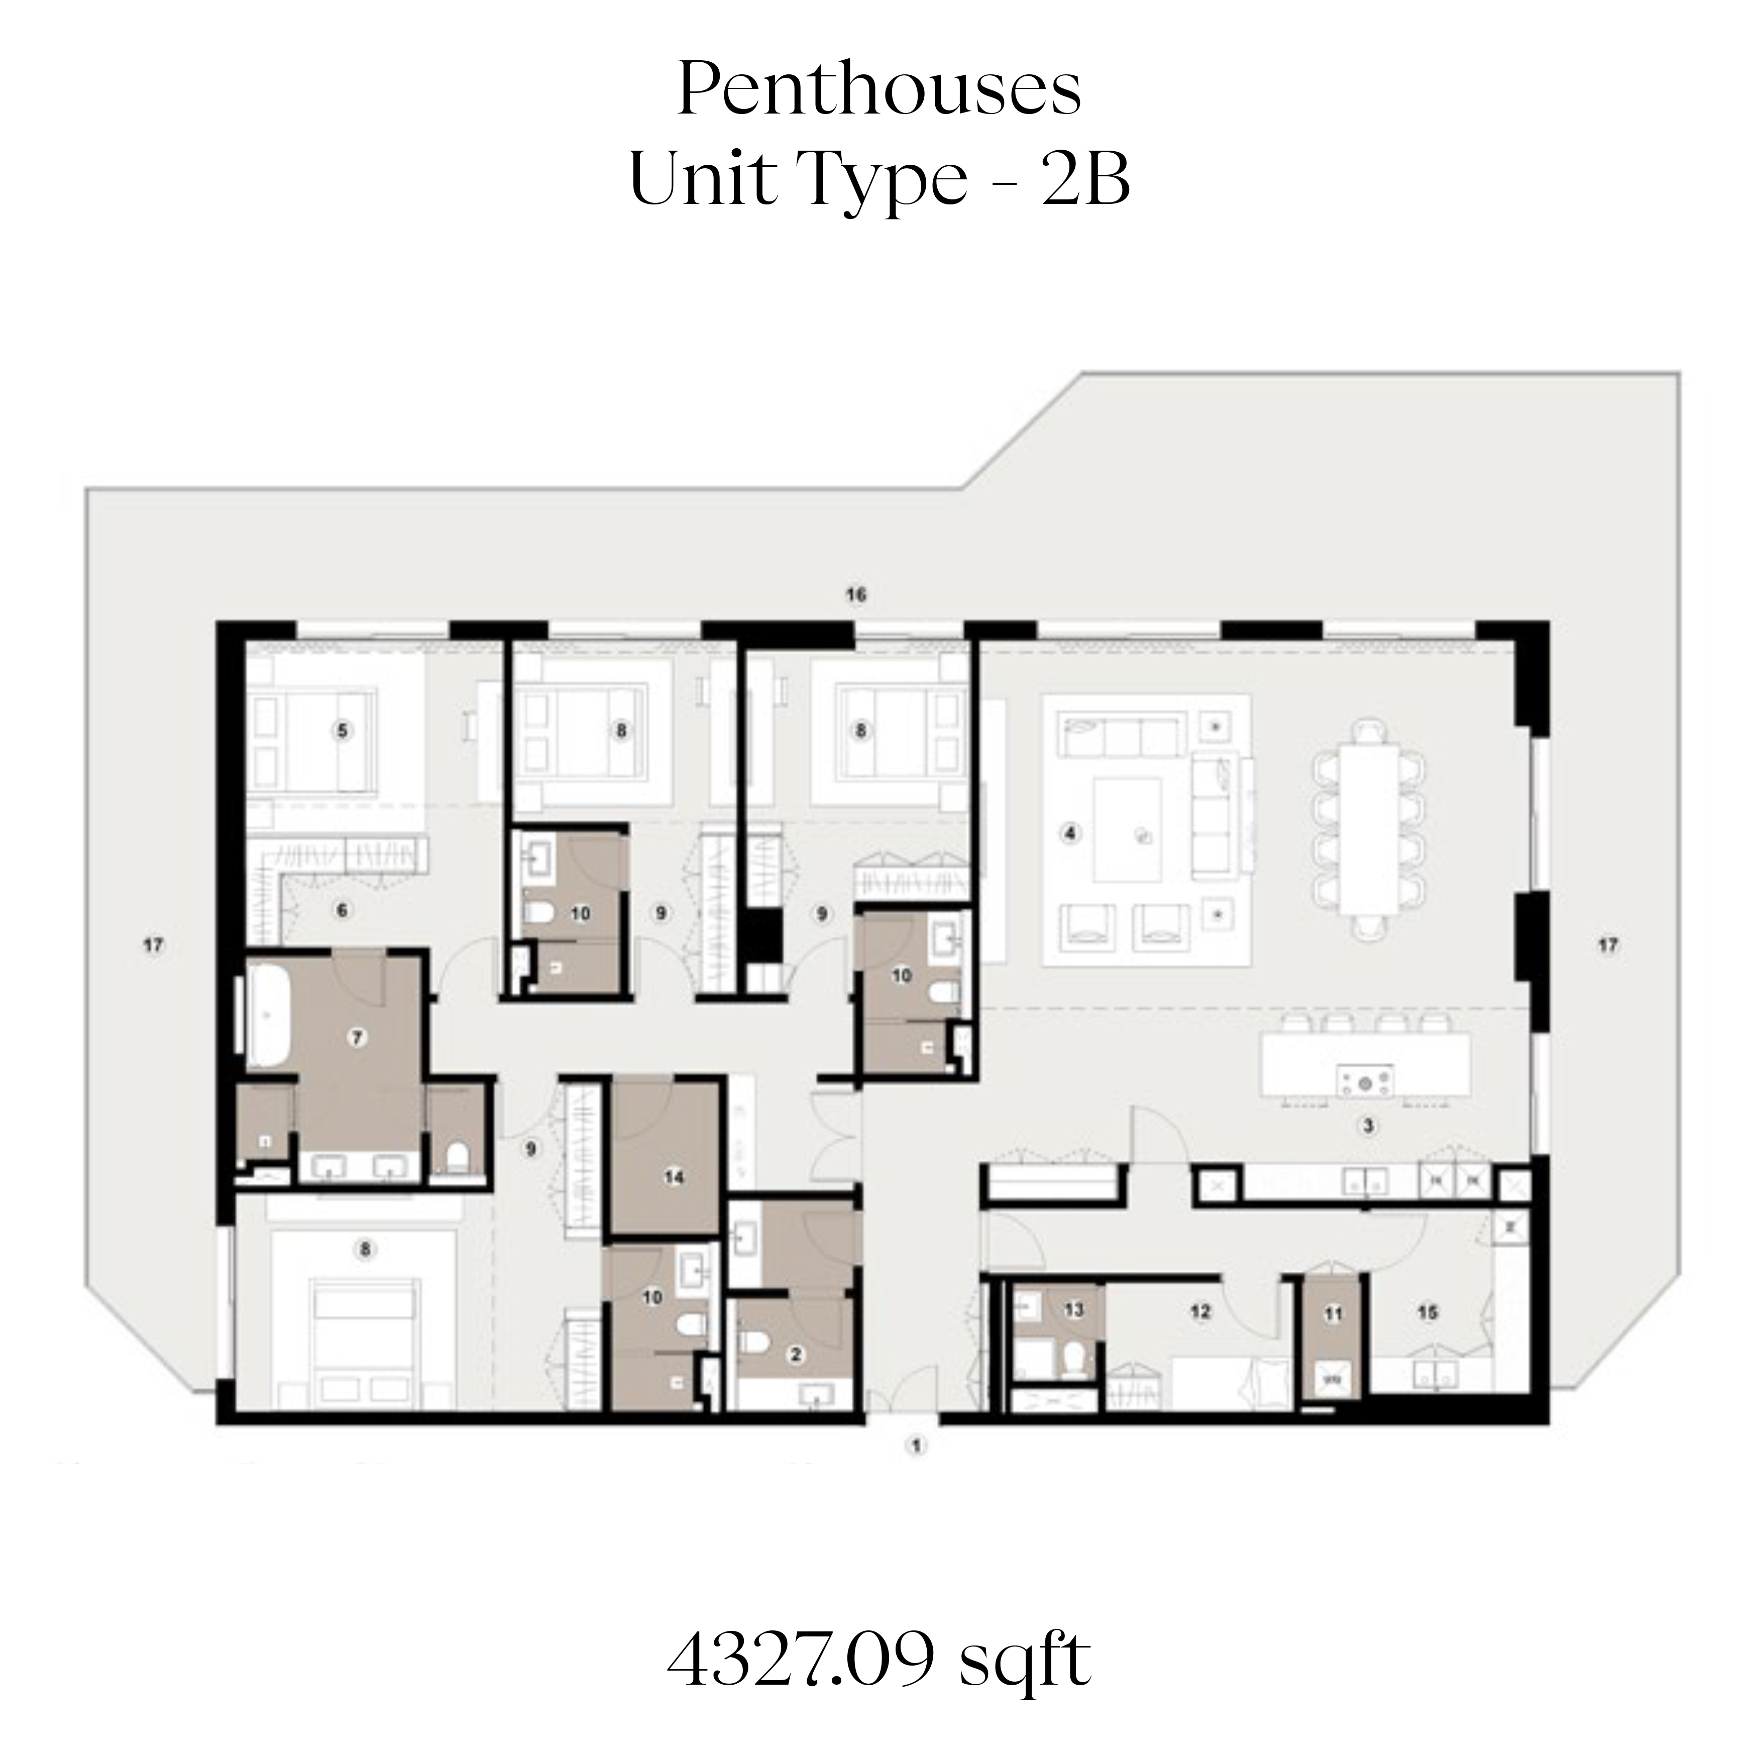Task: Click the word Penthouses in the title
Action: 879,92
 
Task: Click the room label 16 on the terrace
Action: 855,595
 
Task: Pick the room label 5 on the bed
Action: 342,731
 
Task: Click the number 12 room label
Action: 1201,1311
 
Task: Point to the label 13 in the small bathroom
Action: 1074,1309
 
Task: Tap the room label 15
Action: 1427,1311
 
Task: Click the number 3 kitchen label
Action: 1368,1127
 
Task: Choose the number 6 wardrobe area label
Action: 342,910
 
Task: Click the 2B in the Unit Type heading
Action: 1084,178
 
